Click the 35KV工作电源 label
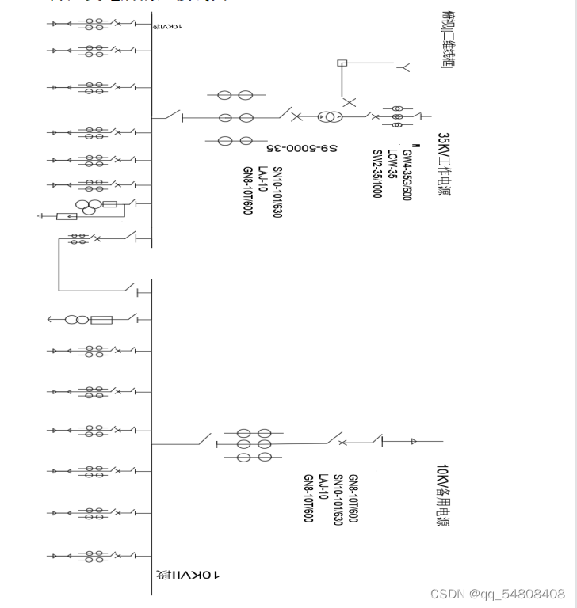[x=443, y=165]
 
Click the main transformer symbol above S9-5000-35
[x=327, y=117]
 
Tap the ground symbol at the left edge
[x=41, y=215]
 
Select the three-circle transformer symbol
[x=86, y=207]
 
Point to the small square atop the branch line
[x=342, y=63]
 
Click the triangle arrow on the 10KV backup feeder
[x=413, y=441]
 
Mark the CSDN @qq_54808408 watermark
[x=498, y=594]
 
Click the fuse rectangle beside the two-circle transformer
[x=102, y=320]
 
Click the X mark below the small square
[x=349, y=101]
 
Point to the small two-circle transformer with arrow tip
[x=76, y=320]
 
